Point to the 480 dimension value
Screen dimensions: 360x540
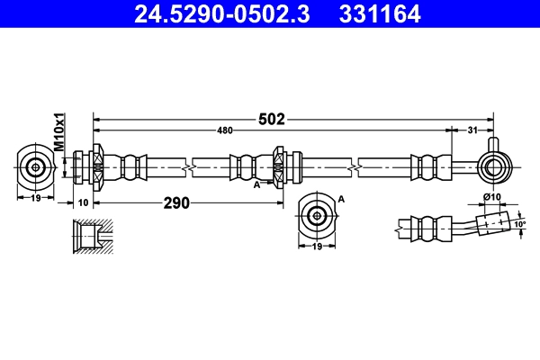tap(224, 131)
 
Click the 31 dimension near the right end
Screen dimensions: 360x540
tap(472, 131)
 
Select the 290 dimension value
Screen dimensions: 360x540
tap(176, 202)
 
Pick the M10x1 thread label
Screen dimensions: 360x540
tap(60, 131)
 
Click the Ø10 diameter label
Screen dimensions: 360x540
tap(491, 197)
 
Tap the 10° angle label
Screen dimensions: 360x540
tap(518, 223)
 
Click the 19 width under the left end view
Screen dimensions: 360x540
tap(35, 198)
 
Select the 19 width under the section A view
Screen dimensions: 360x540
tap(317, 246)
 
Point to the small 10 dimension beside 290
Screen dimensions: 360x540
tap(83, 202)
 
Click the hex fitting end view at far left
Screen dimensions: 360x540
tap(36, 166)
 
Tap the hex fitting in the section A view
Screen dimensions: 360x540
tap(317, 215)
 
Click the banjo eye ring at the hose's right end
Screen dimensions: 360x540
tap(492, 165)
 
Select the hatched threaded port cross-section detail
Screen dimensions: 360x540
tap(90, 237)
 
